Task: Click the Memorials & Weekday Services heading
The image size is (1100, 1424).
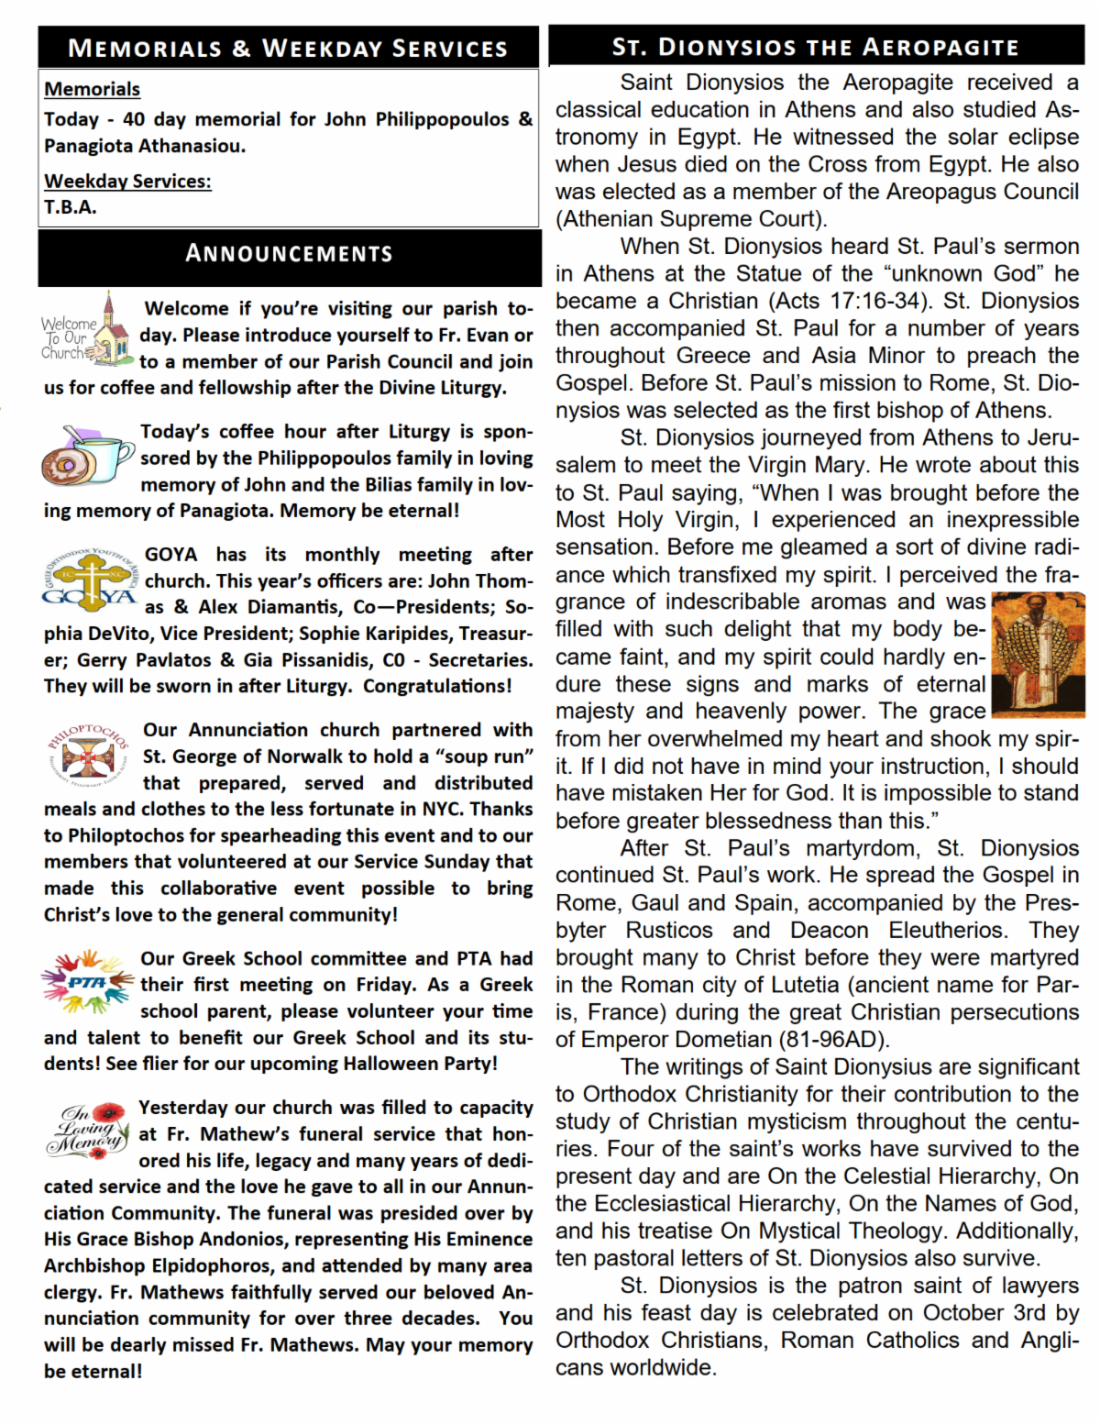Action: (288, 48)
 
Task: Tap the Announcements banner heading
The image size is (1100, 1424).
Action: (289, 254)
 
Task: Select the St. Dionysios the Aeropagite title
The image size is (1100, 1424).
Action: (815, 47)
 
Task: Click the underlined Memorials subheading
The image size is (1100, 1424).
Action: (92, 89)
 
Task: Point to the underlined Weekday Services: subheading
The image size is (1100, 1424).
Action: (127, 181)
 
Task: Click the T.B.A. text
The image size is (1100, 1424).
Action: (71, 207)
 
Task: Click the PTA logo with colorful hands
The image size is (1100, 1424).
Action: (88, 981)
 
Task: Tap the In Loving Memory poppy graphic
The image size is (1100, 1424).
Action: (88, 1129)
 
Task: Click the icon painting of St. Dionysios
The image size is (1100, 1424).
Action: (1038, 654)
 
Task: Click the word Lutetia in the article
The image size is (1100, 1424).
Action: (801, 985)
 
